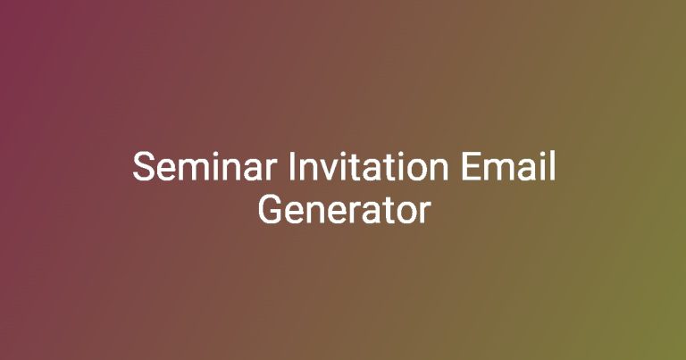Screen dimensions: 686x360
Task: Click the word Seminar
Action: pyautogui.click(x=205, y=166)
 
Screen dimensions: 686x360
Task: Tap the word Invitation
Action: pyautogui.click(x=368, y=166)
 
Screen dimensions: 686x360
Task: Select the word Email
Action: pyautogui.click(x=508, y=166)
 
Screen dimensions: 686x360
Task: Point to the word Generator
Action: pyautogui.click(x=344, y=210)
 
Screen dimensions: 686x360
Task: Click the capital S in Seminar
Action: pyautogui.click(x=144, y=166)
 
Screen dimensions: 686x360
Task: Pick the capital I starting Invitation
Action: pyautogui.click(x=291, y=166)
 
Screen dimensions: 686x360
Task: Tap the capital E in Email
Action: pyautogui.click(x=471, y=166)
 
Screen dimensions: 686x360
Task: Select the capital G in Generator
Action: pyautogui.click(x=270, y=210)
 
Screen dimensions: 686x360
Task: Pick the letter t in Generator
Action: pyautogui.click(x=388, y=211)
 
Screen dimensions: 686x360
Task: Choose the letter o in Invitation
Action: pyautogui.click(x=416, y=171)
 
